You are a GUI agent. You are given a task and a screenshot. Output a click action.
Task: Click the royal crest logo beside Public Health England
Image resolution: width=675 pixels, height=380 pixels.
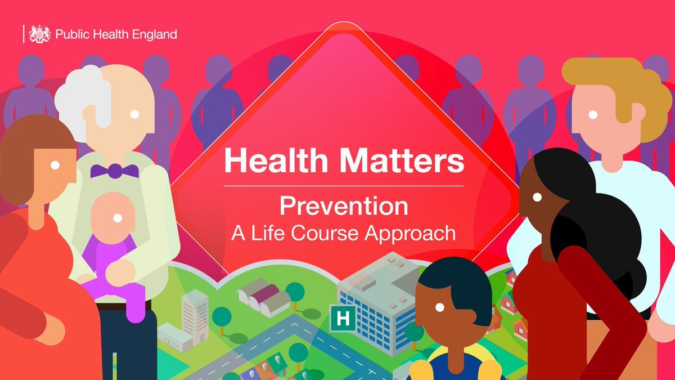pyautogui.click(x=40, y=34)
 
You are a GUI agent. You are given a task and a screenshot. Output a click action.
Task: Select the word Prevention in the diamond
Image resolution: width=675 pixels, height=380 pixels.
pyautogui.click(x=344, y=206)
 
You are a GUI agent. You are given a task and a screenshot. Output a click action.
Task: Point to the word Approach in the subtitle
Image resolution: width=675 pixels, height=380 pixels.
pyautogui.click(x=410, y=234)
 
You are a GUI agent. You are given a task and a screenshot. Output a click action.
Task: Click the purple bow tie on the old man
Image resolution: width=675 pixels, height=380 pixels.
pyautogui.click(x=115, y=171)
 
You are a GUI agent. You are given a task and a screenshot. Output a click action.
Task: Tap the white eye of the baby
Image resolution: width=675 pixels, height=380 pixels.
pyautogui.click(x=118, y=218)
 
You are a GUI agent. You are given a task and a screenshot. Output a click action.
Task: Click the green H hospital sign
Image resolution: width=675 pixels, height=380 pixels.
pyautogui.click(x=343, y=318)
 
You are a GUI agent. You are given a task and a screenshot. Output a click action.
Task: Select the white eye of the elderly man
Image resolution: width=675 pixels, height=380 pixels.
pyautogui.click(x=134, y=114)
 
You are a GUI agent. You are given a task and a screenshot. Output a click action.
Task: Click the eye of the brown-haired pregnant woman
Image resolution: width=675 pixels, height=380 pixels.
pyautogui.click(x=55, y=165)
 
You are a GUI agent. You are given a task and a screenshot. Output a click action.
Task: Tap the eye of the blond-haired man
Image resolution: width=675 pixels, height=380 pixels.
pyautogui.click(x=593, y=115)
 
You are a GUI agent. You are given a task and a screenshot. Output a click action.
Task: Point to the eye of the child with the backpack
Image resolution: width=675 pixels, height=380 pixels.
pyautogui.click(x=440, y=307)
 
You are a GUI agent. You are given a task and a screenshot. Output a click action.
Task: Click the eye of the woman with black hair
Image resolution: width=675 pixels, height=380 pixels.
pyautogui.click(x=537, y=197)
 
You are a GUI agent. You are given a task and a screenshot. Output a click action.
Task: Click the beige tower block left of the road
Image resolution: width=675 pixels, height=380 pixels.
pyautogui.click(x=195, y=316)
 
